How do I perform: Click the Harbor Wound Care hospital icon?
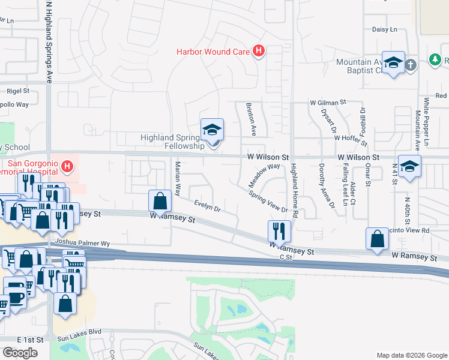click(259, 52)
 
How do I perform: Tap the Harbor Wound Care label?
click(212, 52)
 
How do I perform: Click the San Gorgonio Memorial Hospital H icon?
click(68, 165)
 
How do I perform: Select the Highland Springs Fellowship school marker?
click(212, 130)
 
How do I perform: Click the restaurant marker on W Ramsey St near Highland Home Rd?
click(279, 231)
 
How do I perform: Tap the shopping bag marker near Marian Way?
click(160, 201)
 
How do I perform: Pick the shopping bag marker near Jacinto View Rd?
click(376, 239)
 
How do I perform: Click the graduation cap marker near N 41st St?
click(409, 167)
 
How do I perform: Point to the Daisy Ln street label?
click(385, 29)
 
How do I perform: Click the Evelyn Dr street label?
click(207, 206)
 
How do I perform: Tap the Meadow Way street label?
click(265, 175)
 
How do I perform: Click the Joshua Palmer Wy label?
click(82, 244)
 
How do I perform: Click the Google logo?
click(20, 353)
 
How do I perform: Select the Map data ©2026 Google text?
click(411, 355)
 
